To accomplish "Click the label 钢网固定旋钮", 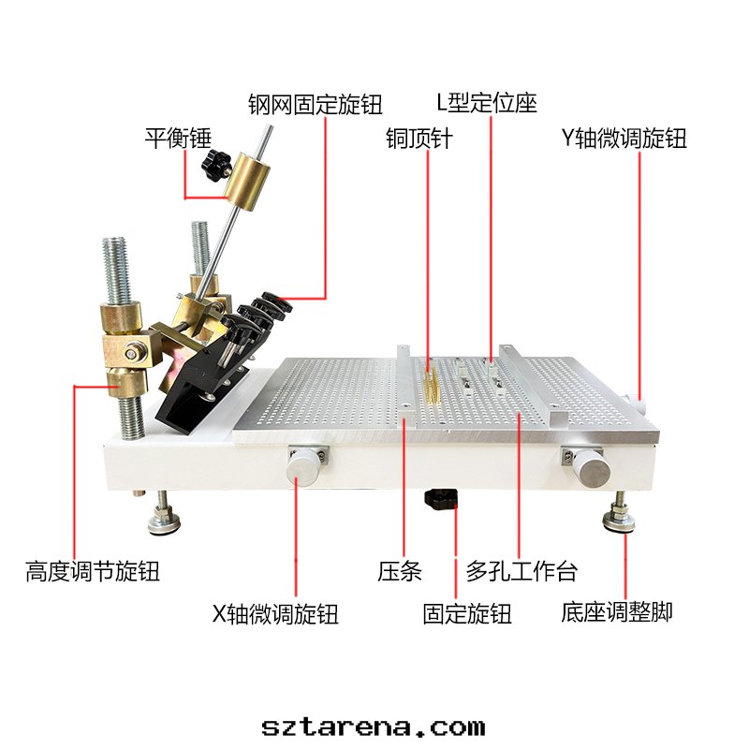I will click(316, 104).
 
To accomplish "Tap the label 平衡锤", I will click(178, 139).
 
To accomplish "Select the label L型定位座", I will click(487, 102).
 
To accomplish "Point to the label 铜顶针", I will click(419, 139).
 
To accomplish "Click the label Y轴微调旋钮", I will click(624, 139).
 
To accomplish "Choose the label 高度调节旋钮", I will click(93, 570).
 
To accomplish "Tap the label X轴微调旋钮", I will click(274, 614).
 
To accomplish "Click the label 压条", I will click(400, 570).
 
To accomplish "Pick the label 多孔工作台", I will click(521, 570).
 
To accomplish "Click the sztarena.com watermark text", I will click(374, 726).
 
